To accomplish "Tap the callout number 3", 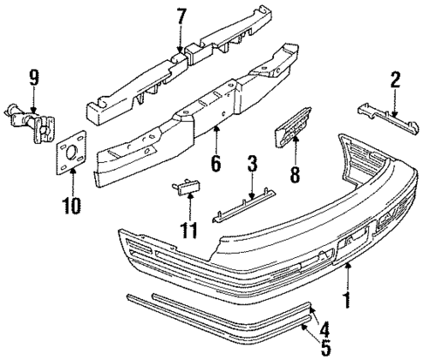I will [251, 164].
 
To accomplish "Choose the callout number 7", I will [181, 16].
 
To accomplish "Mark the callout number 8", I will [294, 175].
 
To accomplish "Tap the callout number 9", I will [34, 79].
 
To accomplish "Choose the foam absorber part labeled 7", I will [174, 71].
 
